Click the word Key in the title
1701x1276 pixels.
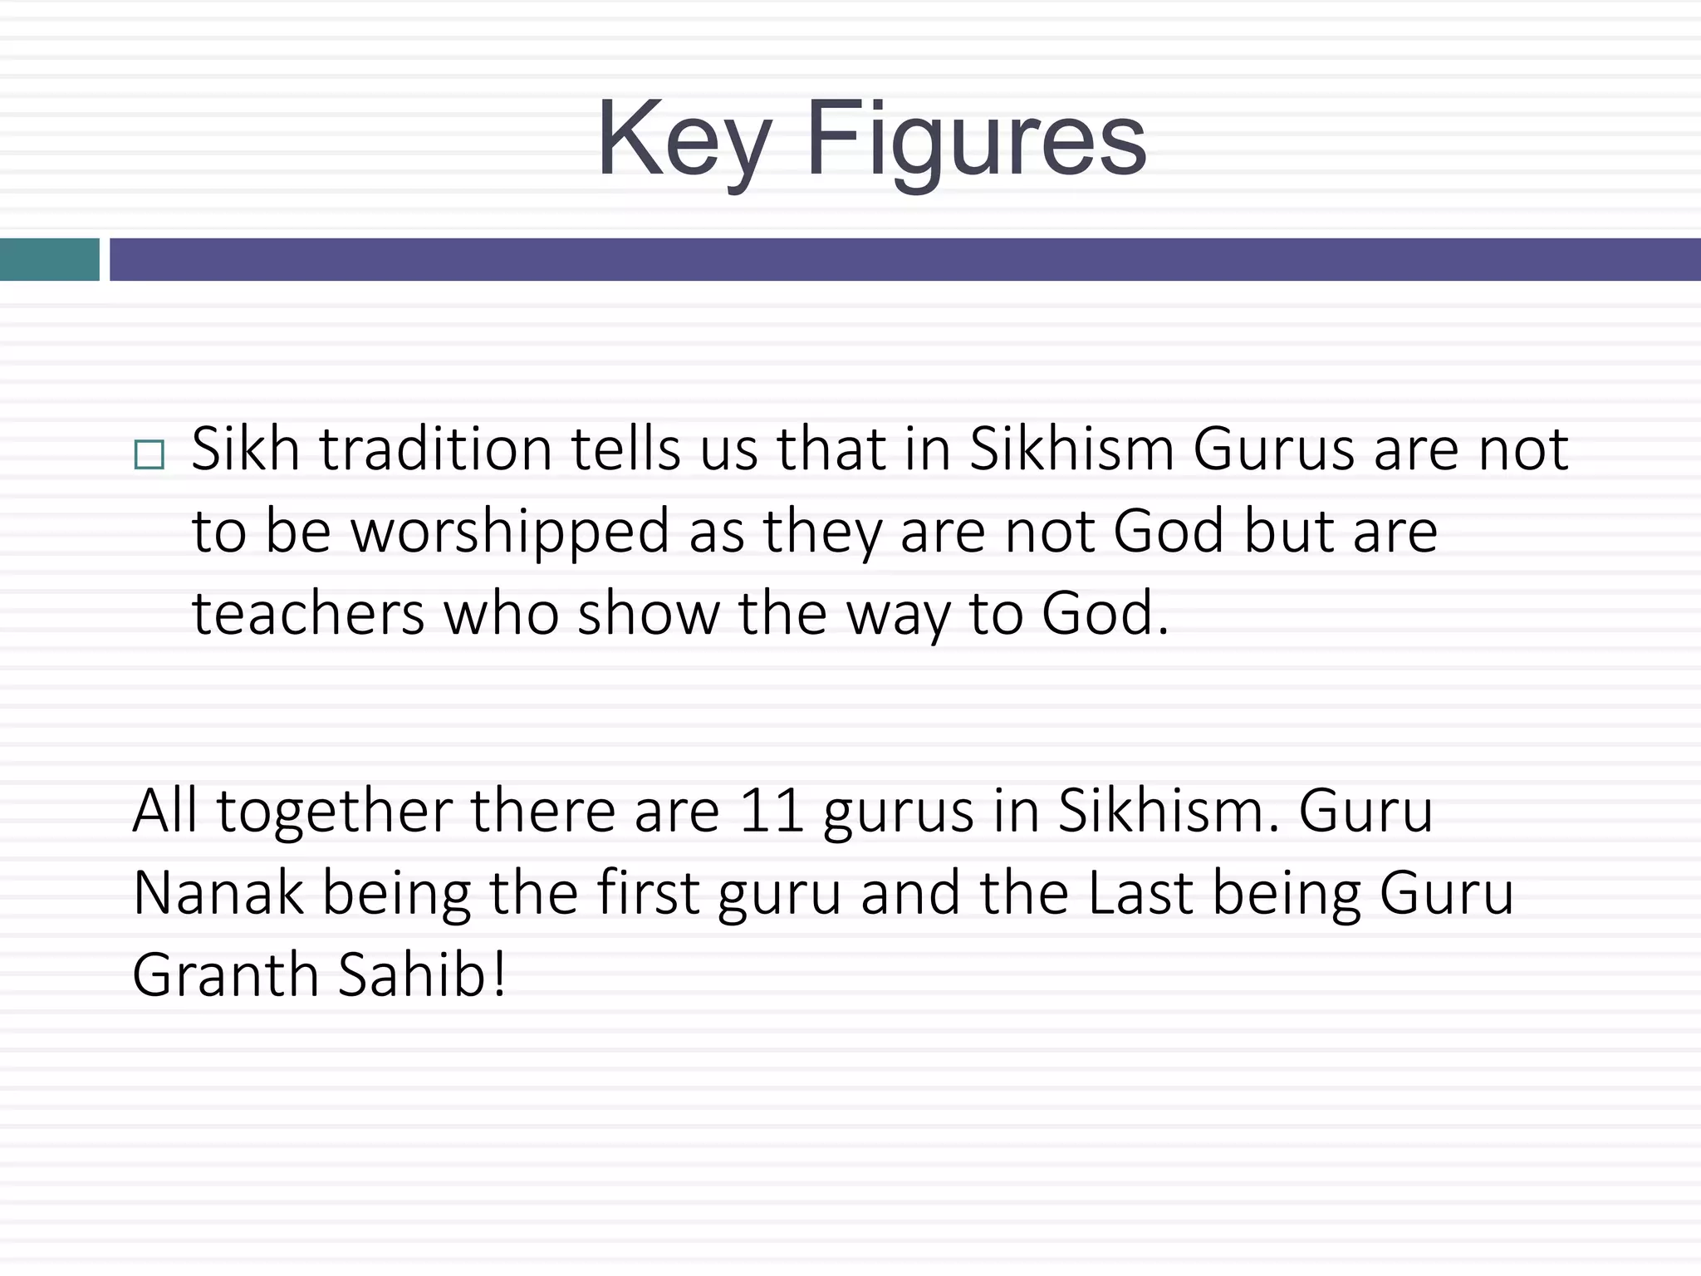(684, 140)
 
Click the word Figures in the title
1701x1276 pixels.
(976, 140)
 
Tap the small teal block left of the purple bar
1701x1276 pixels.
(49, 259)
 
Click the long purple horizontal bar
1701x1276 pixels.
(905, 259)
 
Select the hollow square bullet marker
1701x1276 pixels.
(149, 455)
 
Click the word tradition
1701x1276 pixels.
(436, 449)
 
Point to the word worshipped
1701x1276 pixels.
(510, 532)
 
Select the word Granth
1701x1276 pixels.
(225, 974)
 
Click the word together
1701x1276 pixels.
(335, 812)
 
